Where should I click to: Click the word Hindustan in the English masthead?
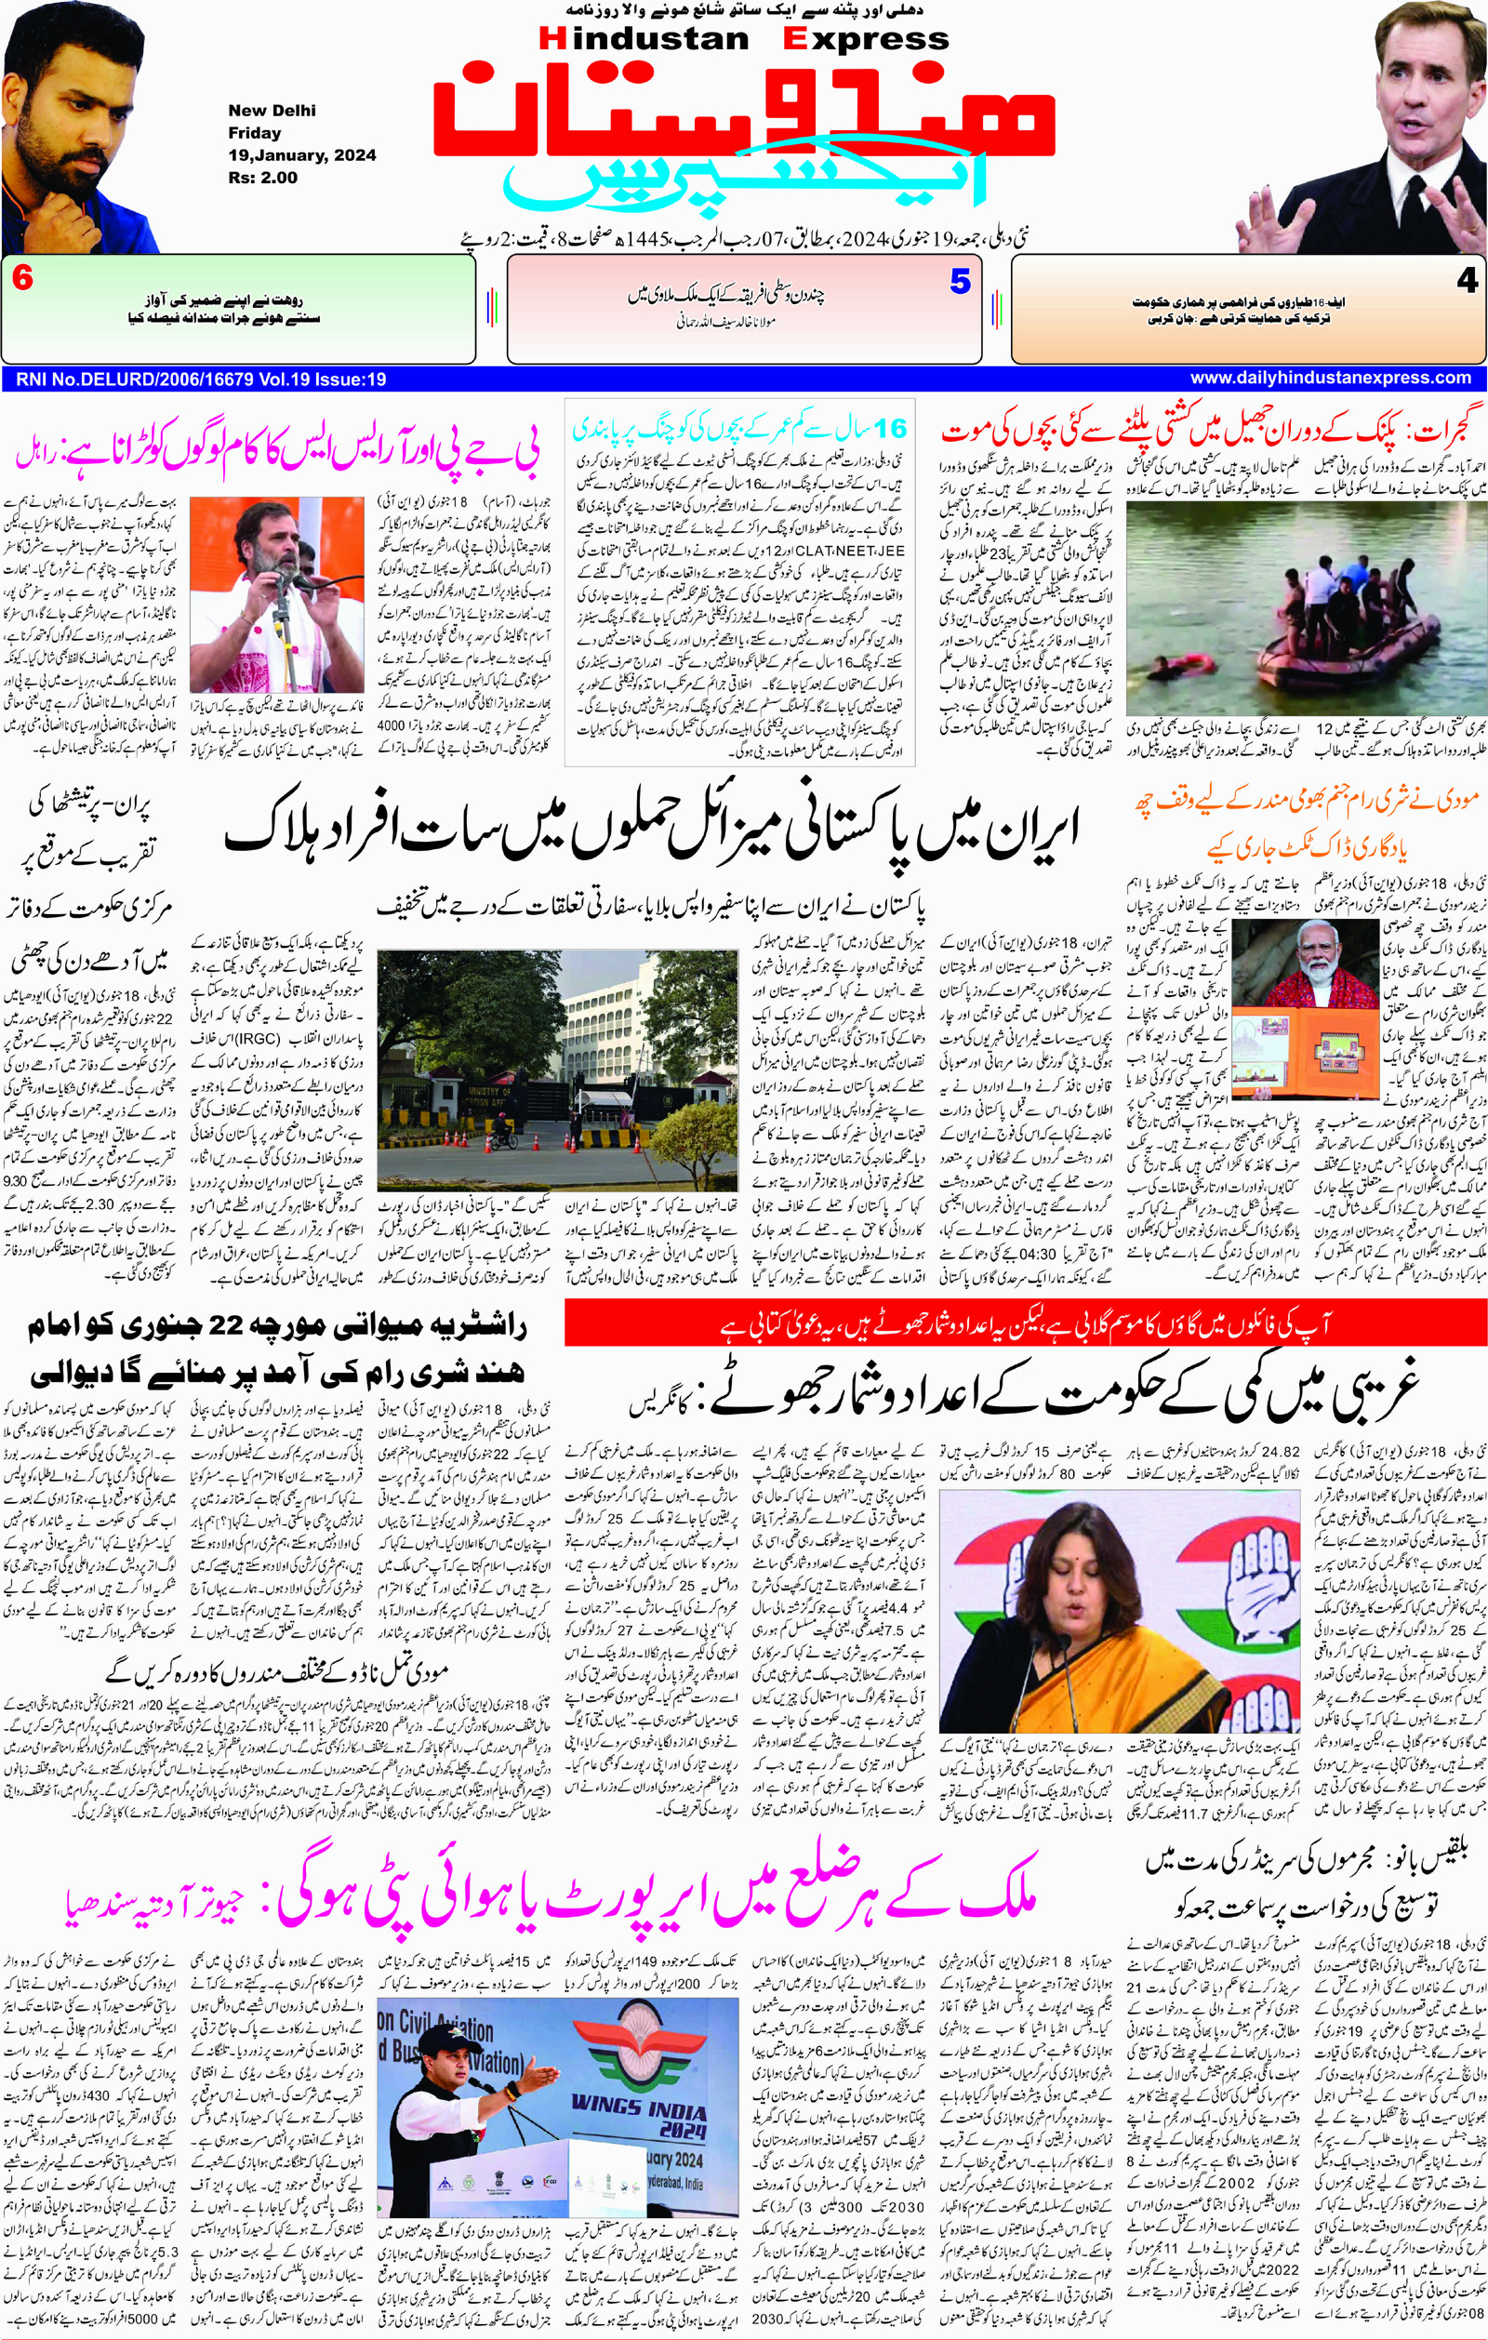pos(643,39)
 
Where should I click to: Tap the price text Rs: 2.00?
pos(262,178)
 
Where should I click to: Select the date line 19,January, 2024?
pos(301,155)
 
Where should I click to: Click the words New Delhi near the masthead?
pos(272,111)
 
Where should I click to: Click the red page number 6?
pos(22,279)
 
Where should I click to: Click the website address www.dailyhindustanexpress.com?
pos(1330,378)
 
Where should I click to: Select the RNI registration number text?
pos(201,379)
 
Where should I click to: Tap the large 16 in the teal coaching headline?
pos(888,428)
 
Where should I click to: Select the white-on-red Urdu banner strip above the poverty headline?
pos(1026,1324)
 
